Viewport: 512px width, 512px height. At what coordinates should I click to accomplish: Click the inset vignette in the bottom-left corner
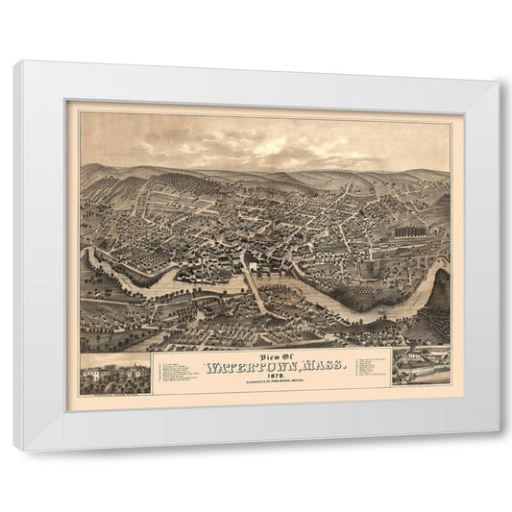pos(114,376)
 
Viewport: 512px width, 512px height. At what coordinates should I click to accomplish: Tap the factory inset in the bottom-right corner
pos(420,367)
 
